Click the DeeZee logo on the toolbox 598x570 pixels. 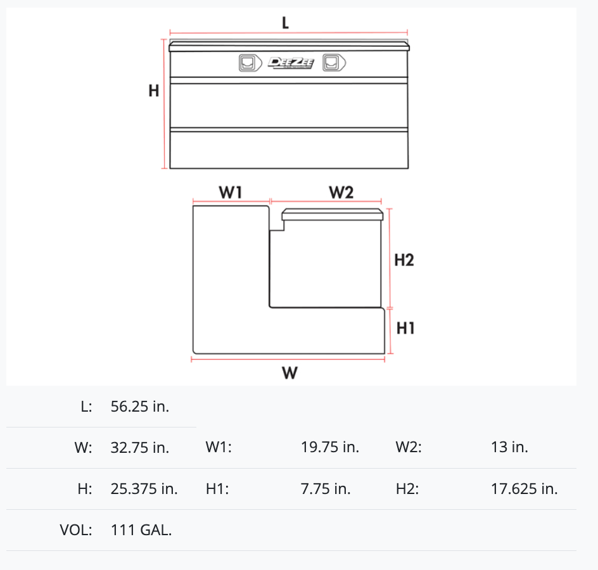(291, 63)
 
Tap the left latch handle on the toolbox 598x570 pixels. (250, 63)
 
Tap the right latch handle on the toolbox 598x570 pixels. (334, 63)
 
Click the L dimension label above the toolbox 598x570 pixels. (285, 23)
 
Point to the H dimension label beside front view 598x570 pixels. (154, 91)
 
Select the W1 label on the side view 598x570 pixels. (231, 192)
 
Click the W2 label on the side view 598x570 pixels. (341, 192)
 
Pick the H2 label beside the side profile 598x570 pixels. (404, 260)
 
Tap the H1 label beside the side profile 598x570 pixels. (405, 328)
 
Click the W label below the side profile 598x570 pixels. (290, 372)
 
